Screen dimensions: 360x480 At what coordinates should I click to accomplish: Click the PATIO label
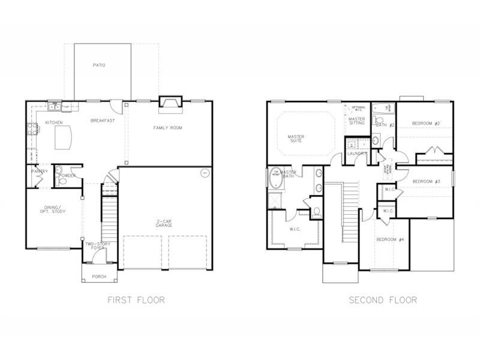click(x=99, y=65)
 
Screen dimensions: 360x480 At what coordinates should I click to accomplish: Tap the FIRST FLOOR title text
click(x=136, y=299)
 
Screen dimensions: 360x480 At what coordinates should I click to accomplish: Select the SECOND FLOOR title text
click(x=382, y=299)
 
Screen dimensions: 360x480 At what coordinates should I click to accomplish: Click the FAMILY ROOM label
click(x=167, y=128)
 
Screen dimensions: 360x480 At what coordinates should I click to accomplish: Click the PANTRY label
click(x=40, y=171)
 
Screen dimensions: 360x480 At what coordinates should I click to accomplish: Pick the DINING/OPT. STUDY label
click(x=50, y=210)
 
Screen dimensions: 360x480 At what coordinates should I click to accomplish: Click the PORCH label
click(x=98, y=277)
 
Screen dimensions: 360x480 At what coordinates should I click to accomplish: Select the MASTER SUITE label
click(x=296, y=139)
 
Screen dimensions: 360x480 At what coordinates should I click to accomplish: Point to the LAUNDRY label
click(x=356, y=154)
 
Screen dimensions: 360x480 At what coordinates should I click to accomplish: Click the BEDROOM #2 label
click(x=426, y=124)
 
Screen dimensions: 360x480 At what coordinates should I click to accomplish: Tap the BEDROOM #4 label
click(x=386, y=240)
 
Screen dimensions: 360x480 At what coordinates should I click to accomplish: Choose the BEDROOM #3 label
click(x=427, y=181)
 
